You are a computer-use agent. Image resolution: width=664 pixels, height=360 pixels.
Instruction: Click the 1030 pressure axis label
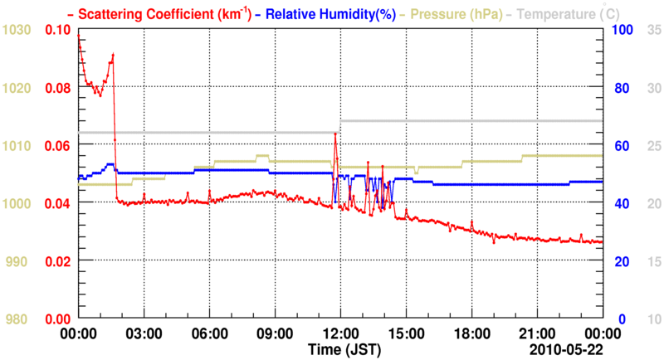coord(17,30)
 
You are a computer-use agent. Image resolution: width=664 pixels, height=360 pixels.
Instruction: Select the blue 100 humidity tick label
coord(622,30)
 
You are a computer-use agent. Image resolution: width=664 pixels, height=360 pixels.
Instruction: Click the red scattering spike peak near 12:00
coord(335,133)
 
